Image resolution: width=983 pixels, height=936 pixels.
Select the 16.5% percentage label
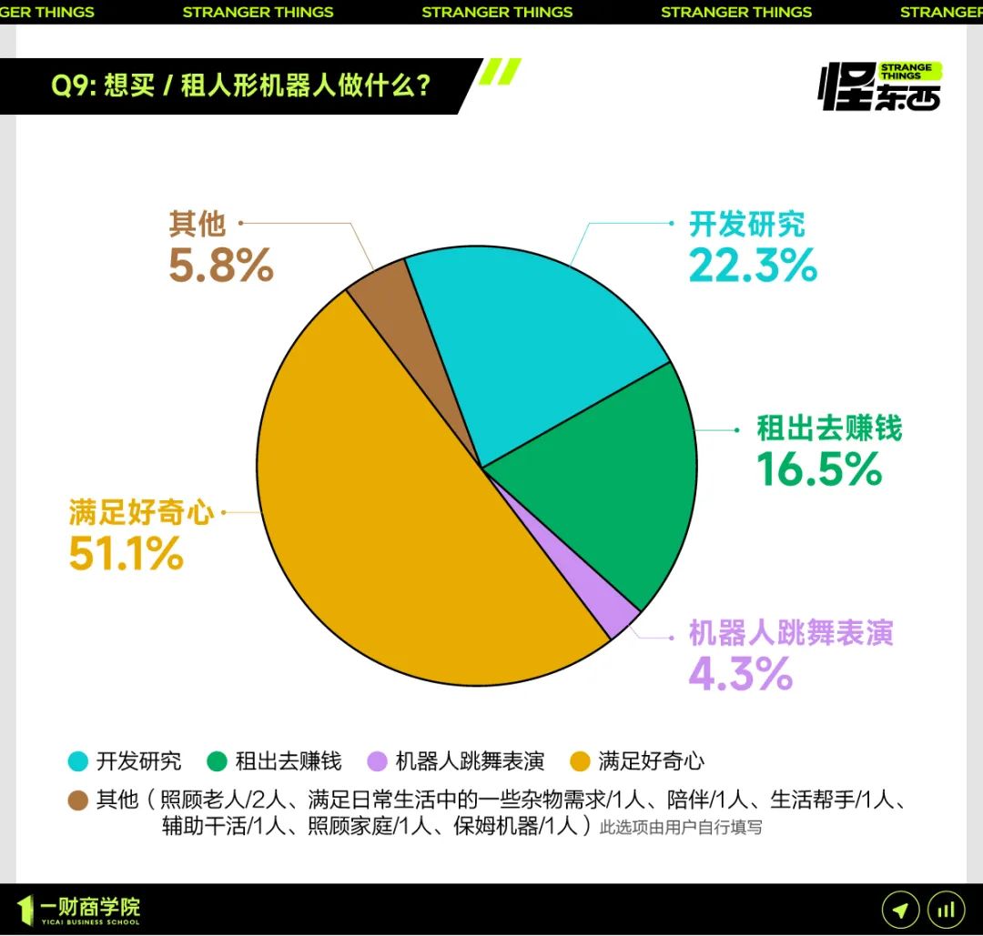(819, 468)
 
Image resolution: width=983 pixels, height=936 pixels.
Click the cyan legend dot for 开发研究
(78, 761)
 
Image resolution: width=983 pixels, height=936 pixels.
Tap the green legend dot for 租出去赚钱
(217, 761)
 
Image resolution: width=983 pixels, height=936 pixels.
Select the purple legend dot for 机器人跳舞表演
(377, 761)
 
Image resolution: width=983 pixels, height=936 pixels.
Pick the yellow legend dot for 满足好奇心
(580, 761)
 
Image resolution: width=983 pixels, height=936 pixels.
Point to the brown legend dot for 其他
(78, 800)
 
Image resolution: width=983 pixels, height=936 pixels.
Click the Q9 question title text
(240, 86)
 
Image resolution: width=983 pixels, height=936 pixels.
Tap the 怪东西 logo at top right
(880, 87)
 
